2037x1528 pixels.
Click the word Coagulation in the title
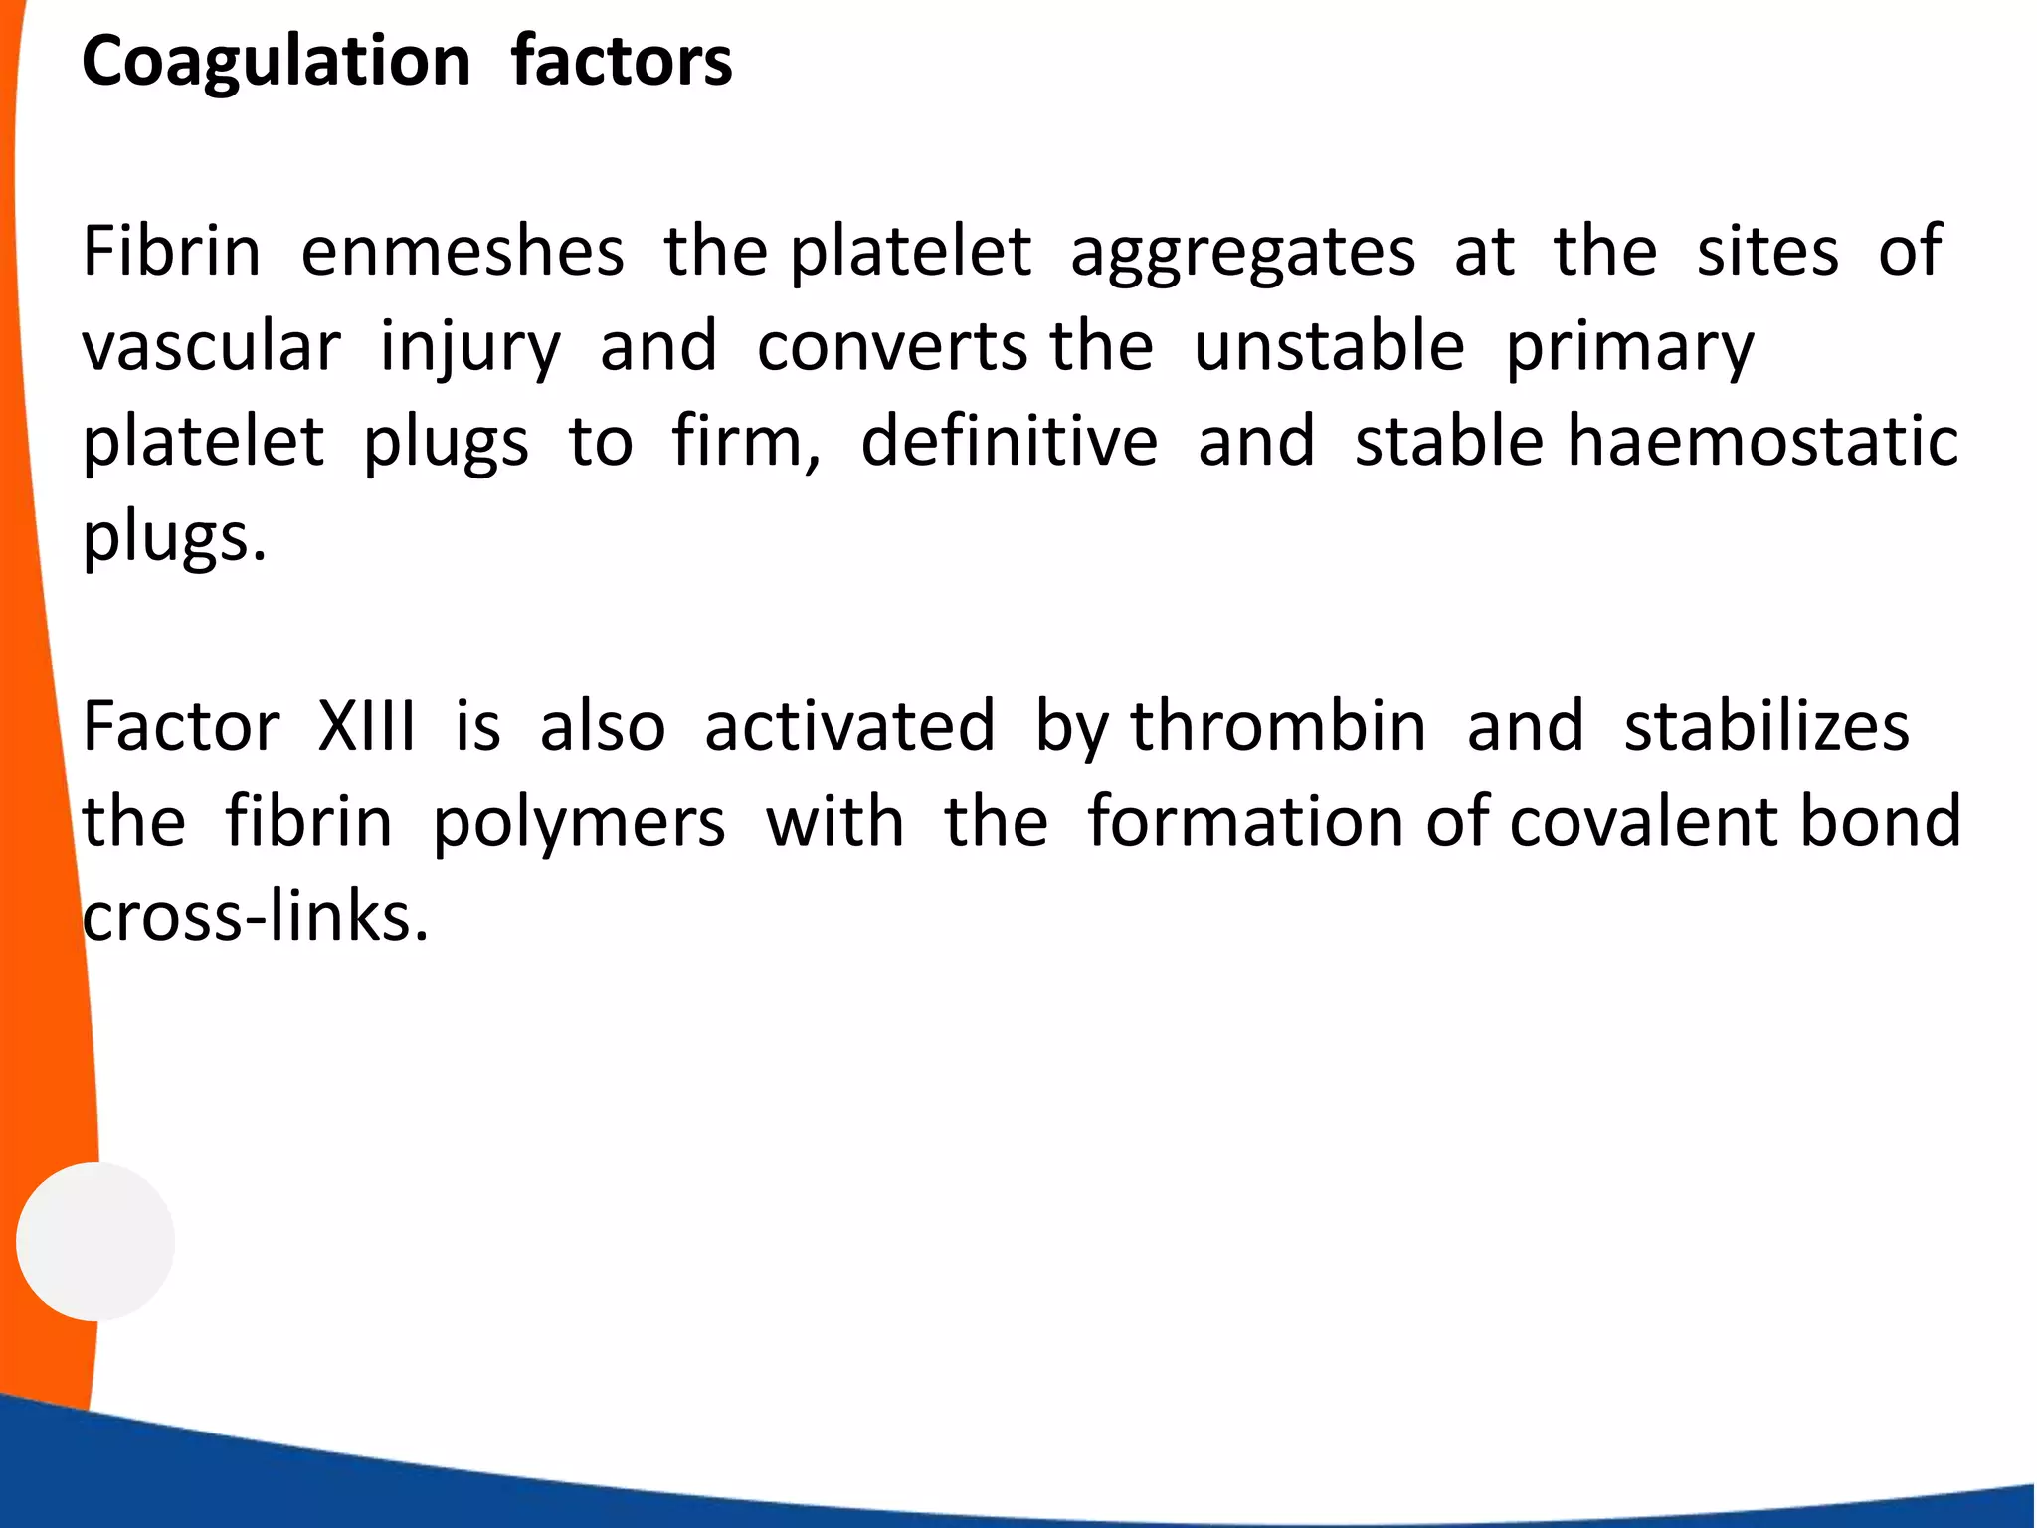pyautogui.click(x=276, y=63)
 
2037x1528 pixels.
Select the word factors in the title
pyautogui.click(x=622, y=61)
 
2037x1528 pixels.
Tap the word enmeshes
pyautogui.click(x=463, y=251)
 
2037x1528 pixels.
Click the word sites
pyautogui.click(x=1767, y=251)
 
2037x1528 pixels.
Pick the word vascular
pyautogui.click(x=211, y=347)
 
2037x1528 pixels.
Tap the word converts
pyautogui.click(x=892, y=347)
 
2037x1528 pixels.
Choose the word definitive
pyautogui.click(x=1010, y=441)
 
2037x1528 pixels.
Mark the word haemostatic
pyautogui.click(x=1762, y=441)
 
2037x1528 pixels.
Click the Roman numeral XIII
pyautogui.click(x=367, y=726)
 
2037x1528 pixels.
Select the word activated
pyautogui.click(x=849, y=726)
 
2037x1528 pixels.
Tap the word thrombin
pyautogui.click(x=1278, y=726)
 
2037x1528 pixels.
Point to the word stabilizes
pyautogui.click(x=1766, y=726)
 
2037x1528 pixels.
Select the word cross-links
pyautogui.click(x=255, y=916)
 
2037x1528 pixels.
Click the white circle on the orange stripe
pyautogui.click(x=95, y=1241)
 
